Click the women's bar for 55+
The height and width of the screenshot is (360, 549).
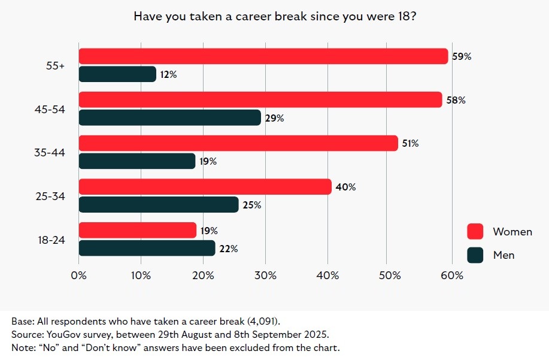(x=263, y=56)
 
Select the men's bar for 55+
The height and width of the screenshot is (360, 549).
(x=117, y=74)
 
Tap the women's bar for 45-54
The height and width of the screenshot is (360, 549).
(x=260, y=100)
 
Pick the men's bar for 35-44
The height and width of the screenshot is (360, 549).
(x=137, y=161)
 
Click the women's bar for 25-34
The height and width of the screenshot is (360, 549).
(x=205, y=187)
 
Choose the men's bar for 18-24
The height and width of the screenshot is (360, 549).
(x=147, y=248)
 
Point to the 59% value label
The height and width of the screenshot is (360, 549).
(x=462, y=57)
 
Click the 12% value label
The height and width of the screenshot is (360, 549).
(x=169, y=75)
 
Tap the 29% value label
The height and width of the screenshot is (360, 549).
(x=274, y=118)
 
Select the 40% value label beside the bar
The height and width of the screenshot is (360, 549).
(x=345, y=187)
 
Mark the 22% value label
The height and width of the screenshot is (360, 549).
(x=228, y=249)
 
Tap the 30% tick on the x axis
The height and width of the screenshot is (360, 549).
(x=265, y=276)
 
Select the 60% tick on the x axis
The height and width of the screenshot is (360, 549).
(x=452, y=276)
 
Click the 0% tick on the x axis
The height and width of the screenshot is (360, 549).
(x=79, y=276)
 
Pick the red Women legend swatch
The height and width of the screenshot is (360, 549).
(x=475, y=232)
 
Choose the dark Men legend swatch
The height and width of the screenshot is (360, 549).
(x=475, y=255)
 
